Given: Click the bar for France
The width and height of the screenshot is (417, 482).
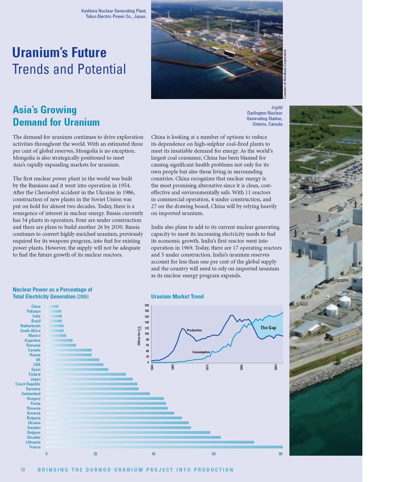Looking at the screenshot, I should tap(164, 447).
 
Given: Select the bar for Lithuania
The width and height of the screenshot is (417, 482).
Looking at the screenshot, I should tap(150, 442).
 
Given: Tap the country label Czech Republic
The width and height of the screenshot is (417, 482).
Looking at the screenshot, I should tap(28, 384).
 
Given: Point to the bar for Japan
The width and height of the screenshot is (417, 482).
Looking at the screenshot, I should tap(89, 379).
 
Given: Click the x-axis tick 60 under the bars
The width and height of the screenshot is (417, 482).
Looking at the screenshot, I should tap(214, 454).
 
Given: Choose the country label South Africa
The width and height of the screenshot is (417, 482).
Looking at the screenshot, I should tap(30, 331).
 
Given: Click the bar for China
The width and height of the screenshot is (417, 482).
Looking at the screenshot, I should tap(53, 306).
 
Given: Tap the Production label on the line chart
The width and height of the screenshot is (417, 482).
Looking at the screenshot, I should tap(194, 330).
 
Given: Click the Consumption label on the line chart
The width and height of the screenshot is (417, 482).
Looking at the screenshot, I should tap(201, 352).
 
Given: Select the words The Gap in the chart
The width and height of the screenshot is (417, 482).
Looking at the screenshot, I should tap(268, 328).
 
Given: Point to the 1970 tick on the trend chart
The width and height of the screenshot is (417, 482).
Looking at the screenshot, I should tap(207, 367).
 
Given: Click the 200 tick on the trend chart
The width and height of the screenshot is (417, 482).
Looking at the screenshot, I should tap(147, 305).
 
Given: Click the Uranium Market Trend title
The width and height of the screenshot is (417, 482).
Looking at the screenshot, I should tap(177, 296).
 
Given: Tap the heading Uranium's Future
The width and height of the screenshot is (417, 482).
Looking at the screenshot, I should tap(59, 53).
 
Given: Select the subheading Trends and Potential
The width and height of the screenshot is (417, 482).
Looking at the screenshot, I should tap(69, 69).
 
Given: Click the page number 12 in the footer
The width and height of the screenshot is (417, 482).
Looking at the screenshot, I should tap(23, 470).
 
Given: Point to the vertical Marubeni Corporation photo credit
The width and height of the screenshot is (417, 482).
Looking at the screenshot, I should tap(285, 74).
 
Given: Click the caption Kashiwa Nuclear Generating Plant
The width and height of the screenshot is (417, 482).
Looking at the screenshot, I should tap(114, 11).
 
